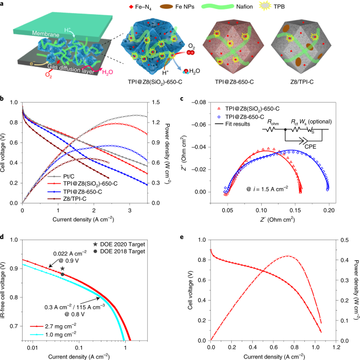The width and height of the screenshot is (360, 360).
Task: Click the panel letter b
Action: [x=3, y=98]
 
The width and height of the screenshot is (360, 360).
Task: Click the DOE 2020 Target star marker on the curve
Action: [x=62, y=269]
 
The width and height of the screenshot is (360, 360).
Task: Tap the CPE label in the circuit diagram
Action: [x=310, y=150]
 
